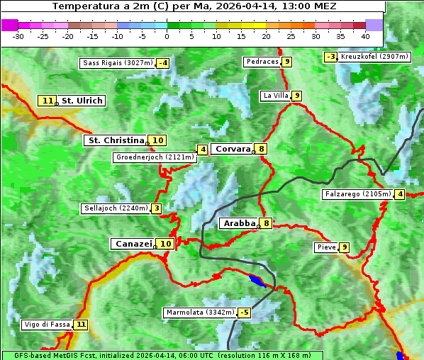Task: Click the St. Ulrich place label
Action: click(x=82, y=101)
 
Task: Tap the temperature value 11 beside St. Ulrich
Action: click(x=48, y=101)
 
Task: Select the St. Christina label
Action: click(x=115, y=140)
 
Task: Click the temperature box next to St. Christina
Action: click(x=157, y=140)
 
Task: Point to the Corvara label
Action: click(x=233, y=149)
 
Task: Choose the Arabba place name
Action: click(x=238, y=223)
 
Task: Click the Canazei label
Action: click(x=133, y=243)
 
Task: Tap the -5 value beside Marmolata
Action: click(x=245, y=313)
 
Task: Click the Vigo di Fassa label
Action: click(x=48, y=325)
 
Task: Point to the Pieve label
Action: click(x=326, y=247)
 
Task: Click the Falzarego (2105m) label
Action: click(x=357, y=194)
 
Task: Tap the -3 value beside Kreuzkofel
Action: click(x=330, y=57)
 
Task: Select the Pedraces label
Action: click(x=262, y=62)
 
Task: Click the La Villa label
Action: click(x=275, y=96)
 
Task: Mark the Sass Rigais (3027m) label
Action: click(x=117, y=63)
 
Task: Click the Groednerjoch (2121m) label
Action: click(x=155, y=157)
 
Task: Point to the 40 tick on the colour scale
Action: click(x=365, y=35)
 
